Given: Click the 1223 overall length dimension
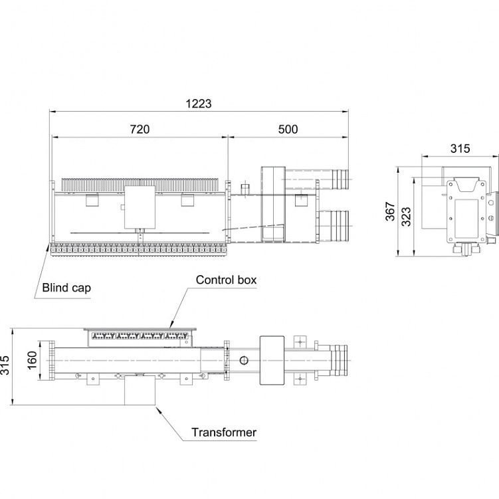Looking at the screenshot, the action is click(198, 104).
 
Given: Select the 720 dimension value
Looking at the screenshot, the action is click(140, 129).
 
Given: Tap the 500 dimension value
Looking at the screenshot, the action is click(288, 129).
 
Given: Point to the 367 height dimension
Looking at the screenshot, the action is click(390, 211).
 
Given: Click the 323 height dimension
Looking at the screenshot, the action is click(406, 217).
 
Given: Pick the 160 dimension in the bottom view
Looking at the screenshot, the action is click(33, 360).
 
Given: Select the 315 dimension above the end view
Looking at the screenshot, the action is click(460, 148).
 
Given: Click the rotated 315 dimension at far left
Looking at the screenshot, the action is click(5, 365).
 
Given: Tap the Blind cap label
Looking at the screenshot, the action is click(66, 288).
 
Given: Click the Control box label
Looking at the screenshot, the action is click(226, 280).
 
